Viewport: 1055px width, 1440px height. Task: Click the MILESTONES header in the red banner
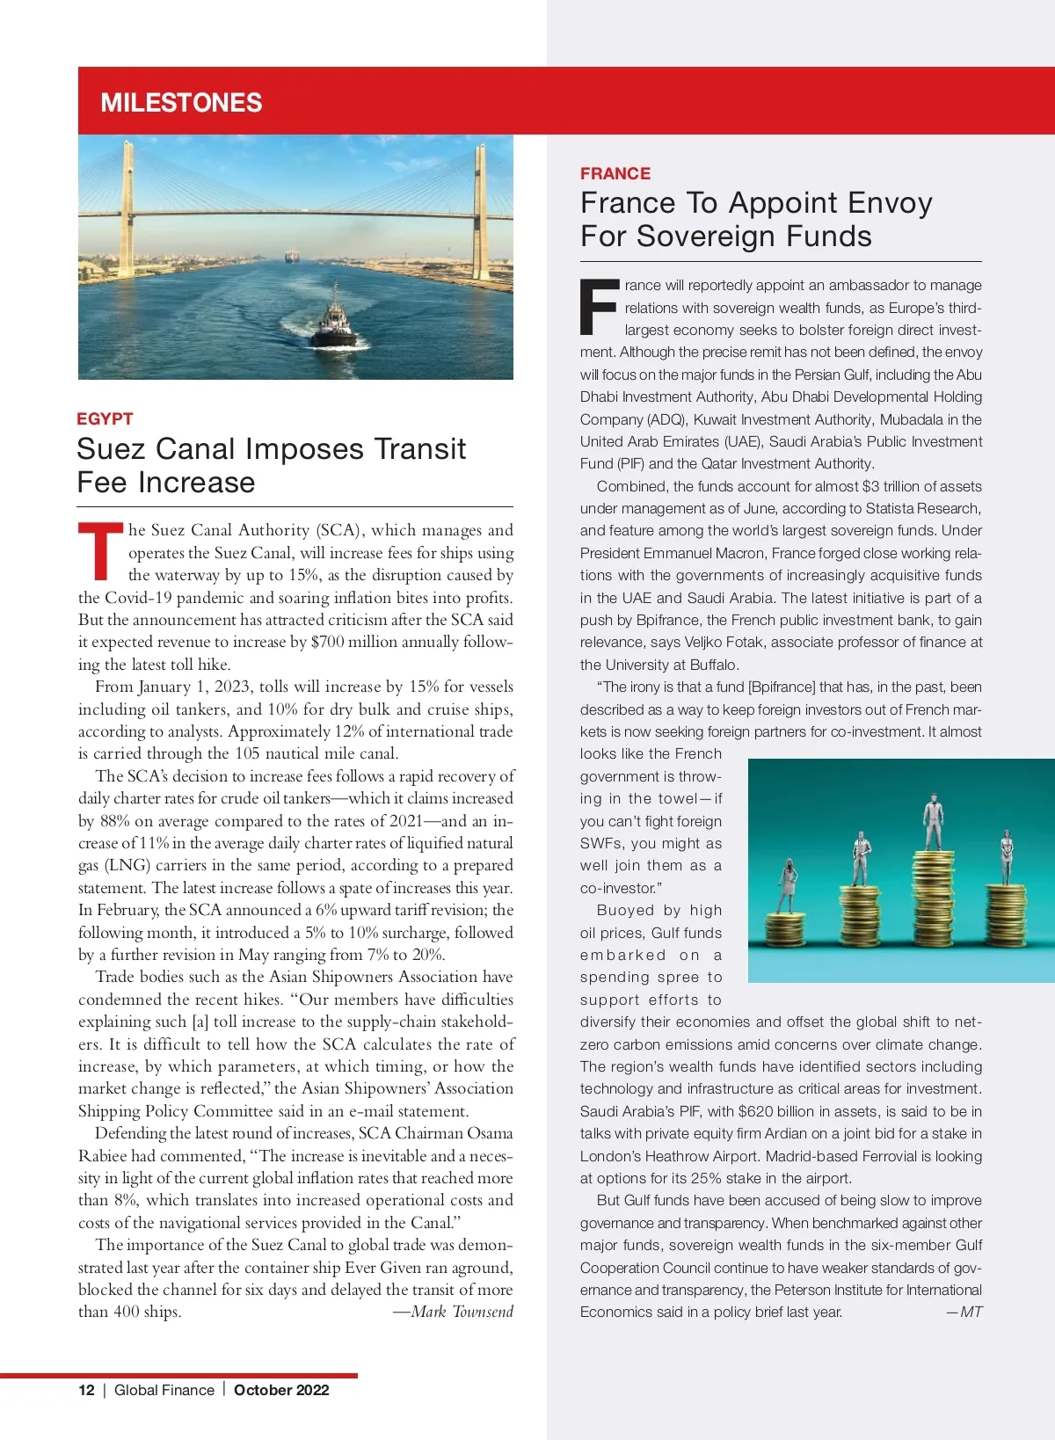click(x=181, y=103)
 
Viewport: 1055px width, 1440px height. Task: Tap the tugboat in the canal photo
click(x=334, y=319)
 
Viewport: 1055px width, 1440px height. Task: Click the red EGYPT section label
click(x=105, y=418)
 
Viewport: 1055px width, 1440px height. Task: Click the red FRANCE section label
click(x=615, y=173)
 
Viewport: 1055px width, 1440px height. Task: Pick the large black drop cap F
click(x=600, y=308)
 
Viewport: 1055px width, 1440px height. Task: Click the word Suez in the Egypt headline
click(x=110, y=449)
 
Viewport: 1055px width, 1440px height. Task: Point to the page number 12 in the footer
click(x=86, y=1390)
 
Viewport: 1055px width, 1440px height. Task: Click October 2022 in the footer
click(x=281, y=1390)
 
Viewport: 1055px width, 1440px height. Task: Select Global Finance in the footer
click(x=164, y=1390)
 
